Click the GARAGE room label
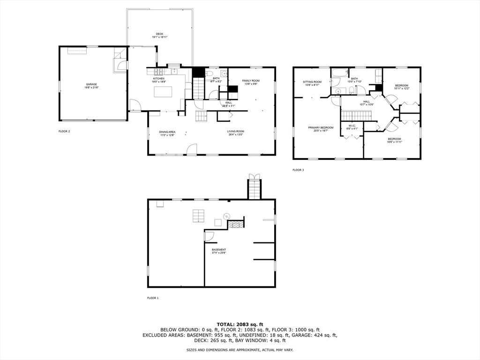click(x=91, y=84)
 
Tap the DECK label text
click(x=159, y=34)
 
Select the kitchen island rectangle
click(x=163, y=92)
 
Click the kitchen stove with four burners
click(x=158, y=72)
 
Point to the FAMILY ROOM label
click(x=251, y=81)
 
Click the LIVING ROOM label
click(x=236, y=131)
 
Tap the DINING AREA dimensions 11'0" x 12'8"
click(x=167, y=135)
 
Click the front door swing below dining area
click(x=191, y=150)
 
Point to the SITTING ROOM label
click(x=312, y=82)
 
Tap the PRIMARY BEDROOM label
click(x=321, y=127)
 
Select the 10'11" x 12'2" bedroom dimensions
click(x=402, y=88)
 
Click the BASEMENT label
click(x=219, y=249)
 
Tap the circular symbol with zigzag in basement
click(x=227, y=216)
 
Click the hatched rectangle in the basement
click(x=236, y=225)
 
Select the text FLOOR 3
click(x=298, y=170)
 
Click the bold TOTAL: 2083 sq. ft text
click(x=240, y=324)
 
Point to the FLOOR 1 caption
click(x=153, y=298)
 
